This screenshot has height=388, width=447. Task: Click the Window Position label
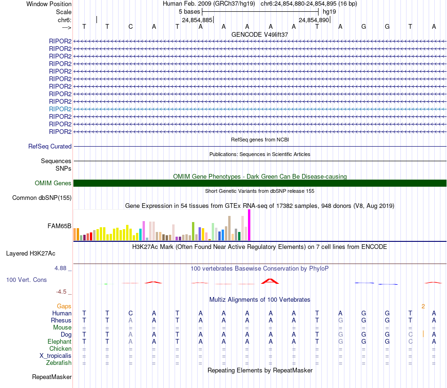(49, 4)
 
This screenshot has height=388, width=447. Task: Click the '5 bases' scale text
(189, 11)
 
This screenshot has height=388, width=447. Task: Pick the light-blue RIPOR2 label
(60, 109)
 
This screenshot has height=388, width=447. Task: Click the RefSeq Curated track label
(50, 147)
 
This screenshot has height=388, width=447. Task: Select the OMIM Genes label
(53, 183)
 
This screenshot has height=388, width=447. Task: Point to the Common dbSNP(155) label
(42, 198)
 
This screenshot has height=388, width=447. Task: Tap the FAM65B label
(59, 226)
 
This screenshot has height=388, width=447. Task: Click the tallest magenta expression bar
(249, 225)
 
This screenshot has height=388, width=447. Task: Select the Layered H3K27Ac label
(31, 254)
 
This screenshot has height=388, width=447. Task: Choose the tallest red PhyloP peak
(270, 281)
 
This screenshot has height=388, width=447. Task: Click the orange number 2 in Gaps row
(423, 306)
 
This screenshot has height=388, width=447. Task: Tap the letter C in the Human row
(130, 314)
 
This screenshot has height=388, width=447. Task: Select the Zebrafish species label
(59, 363)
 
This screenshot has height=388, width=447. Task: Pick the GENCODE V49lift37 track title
(260, 35)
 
